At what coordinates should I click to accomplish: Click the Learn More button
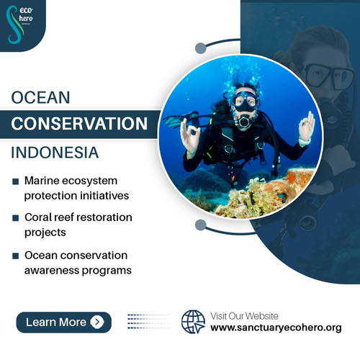(x=63, y=322)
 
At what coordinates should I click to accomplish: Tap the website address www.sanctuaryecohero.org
(x=276, y=328)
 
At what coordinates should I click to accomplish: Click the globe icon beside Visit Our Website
(x=193, y=321)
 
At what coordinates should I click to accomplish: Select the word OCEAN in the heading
(x=40, y=96)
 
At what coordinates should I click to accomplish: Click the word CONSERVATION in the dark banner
(x=78, y=123)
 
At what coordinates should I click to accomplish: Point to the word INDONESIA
(x=55, y=153)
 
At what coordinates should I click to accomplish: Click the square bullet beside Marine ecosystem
(x=16, y=181)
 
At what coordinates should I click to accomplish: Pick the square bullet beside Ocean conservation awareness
(x=16, y=256)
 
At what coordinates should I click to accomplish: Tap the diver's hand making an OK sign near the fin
(x=190, y=135)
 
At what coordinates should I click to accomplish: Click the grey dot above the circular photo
(x=201, y=49)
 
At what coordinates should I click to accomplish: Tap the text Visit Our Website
(x=245, y=316)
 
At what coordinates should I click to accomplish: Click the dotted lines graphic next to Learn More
(x=148, y=322)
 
